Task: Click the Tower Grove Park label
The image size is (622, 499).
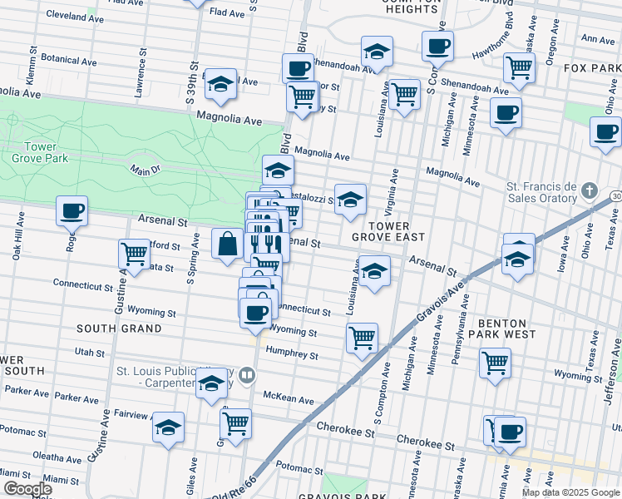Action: (35, 153)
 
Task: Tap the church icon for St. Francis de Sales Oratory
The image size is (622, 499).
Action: (589, 190)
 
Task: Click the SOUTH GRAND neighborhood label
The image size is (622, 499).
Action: (119, 329)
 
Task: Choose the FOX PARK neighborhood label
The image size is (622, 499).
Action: (591, 67)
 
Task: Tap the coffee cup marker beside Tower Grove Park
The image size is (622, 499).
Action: (72, 210)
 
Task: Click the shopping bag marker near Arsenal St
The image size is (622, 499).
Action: (227, 244)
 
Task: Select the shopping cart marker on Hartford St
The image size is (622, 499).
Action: (134, 254)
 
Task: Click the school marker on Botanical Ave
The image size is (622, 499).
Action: (220, 83)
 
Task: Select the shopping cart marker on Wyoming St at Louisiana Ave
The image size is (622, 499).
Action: (362, 338)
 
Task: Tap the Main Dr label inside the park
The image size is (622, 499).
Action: (144, 170)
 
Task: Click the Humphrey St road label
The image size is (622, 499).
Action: (291, 354)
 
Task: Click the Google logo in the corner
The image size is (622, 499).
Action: (27, 489)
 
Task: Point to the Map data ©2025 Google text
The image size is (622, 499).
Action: (570, 492)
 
